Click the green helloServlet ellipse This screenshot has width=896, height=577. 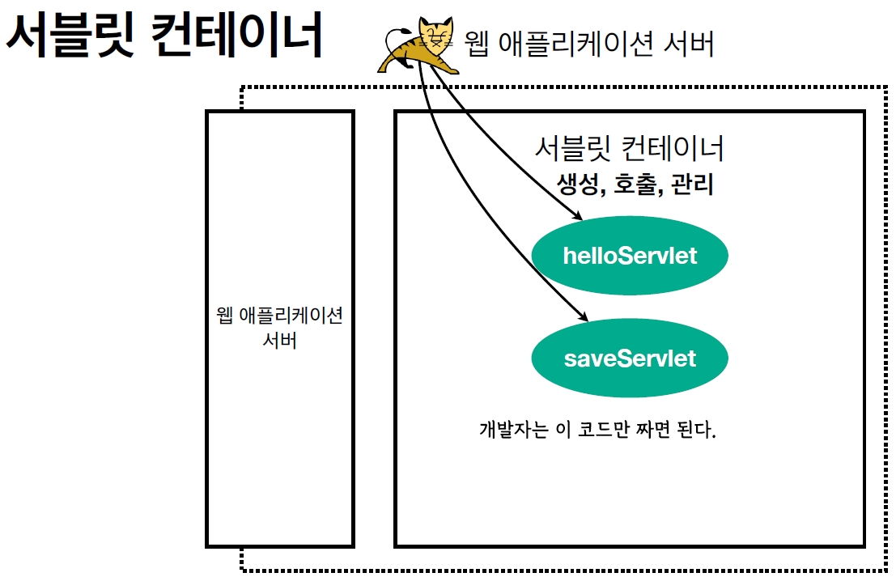tap(630, 256)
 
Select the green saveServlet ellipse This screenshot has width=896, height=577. tap(630, 358)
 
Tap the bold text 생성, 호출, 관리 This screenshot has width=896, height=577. tap(635, 185)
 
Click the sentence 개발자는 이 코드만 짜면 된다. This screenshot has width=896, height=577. tap(598, 429)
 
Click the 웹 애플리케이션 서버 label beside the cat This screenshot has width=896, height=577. tap(590, 44)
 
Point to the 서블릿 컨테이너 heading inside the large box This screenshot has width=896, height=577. tap(629, 148)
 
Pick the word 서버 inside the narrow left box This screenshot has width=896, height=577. tap(280, 340)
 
